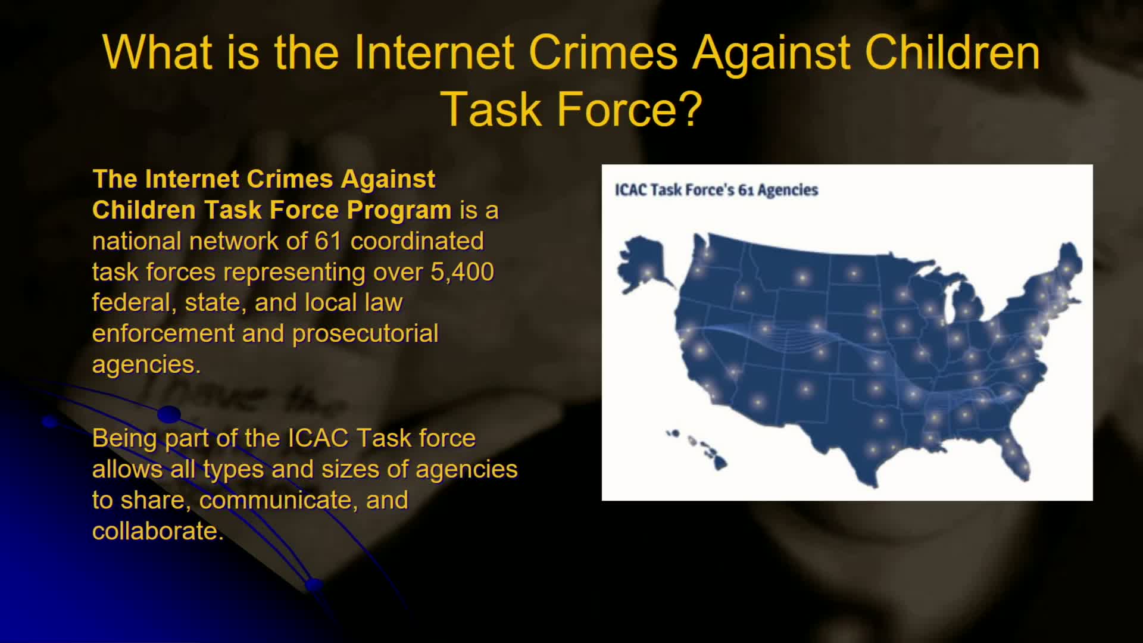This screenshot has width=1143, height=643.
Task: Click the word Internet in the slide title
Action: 433,52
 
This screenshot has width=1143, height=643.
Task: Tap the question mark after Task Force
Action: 691,109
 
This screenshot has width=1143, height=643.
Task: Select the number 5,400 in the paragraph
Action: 462,272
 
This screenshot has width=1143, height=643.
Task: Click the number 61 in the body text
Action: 328,241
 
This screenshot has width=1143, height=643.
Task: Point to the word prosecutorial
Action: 365,333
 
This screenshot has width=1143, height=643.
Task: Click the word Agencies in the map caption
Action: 788,190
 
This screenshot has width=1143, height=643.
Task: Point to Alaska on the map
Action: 642,265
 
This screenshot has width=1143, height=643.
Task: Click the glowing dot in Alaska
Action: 647,274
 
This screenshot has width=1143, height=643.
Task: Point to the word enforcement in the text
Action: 163,333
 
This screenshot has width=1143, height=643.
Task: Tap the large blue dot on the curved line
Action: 169,414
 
